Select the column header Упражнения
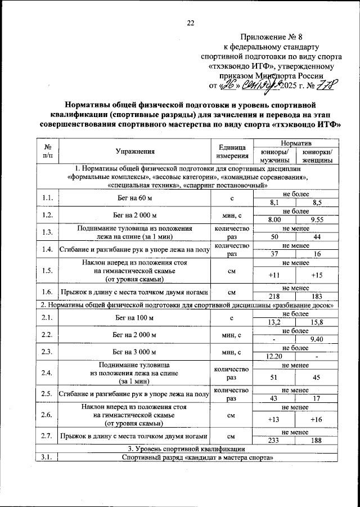tap(135, 151)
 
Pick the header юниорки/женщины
tap(318, 156)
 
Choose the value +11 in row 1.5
tap(276, 274)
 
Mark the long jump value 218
tap(276, 296)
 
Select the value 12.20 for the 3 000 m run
tap(276, 356)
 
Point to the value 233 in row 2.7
tap(276, 442)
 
